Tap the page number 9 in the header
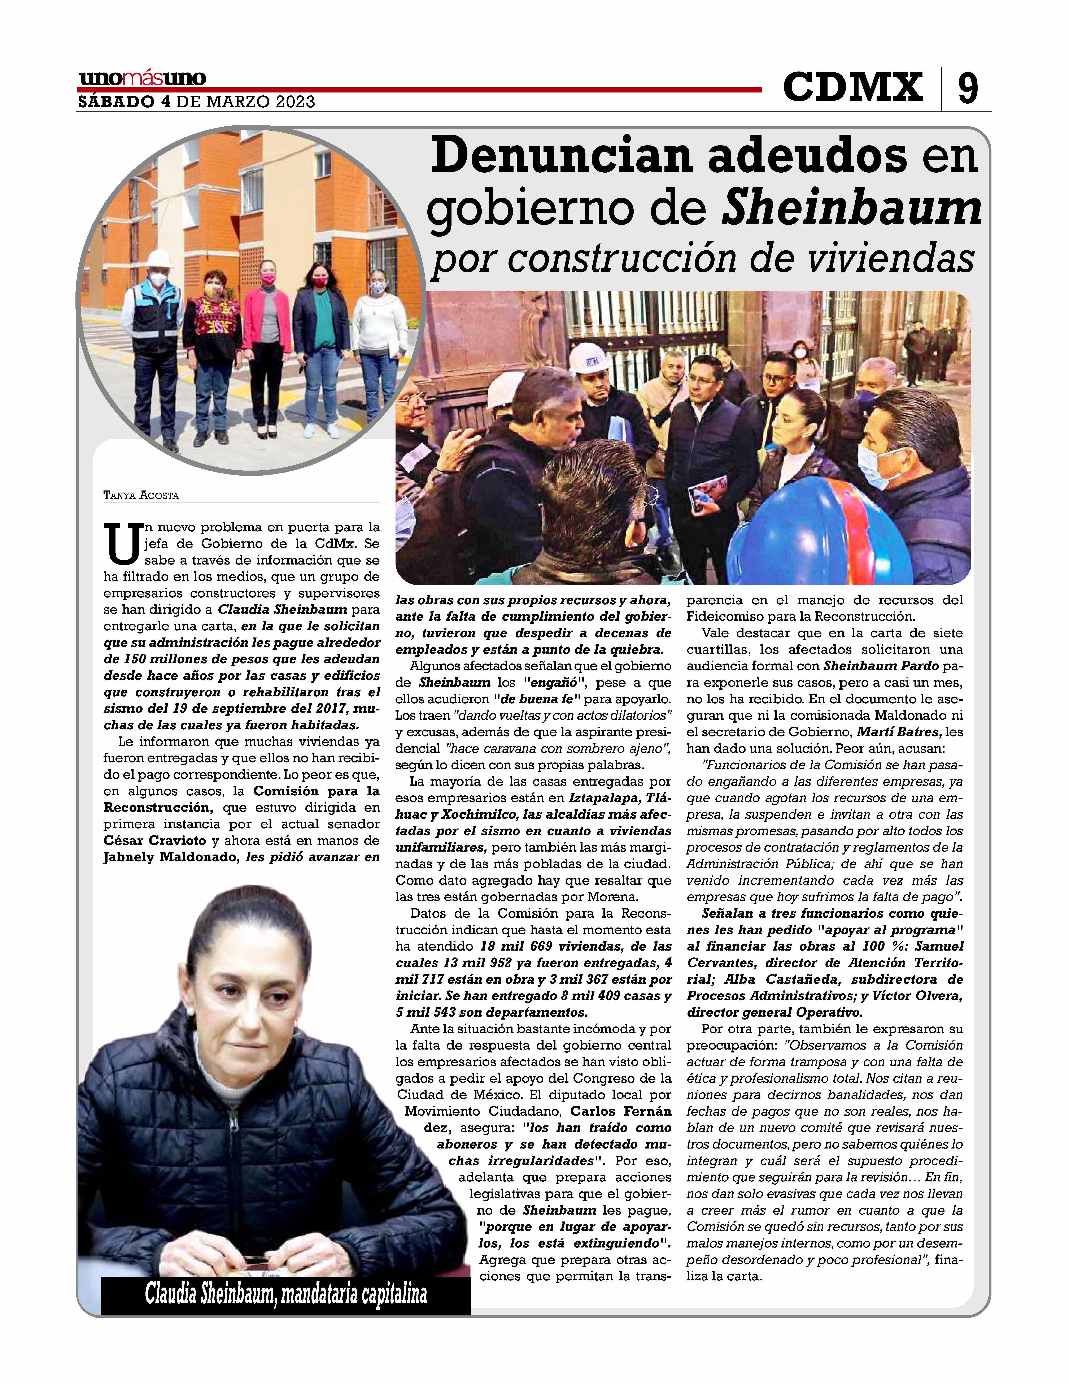[x=967, y=89]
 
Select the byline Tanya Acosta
[x=141, y=496]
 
